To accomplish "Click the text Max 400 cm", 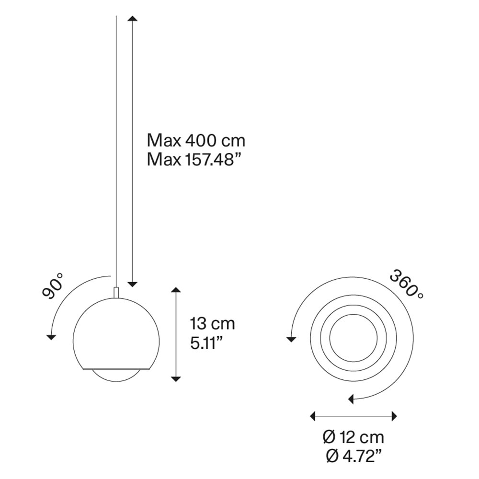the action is point(196,141).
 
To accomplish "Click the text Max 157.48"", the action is point(192,160).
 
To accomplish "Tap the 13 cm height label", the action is point(212,323).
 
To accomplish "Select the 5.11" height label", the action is point(206,343).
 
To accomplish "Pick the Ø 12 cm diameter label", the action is point(353,437).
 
